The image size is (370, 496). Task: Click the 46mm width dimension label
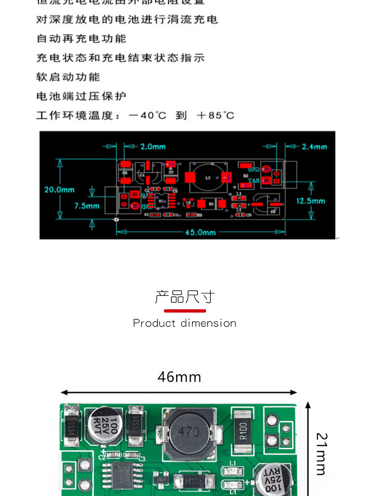tap(179, 377)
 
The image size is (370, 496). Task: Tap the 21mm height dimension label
tap(321, 454)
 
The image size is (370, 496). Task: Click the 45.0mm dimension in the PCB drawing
tap(200, 232)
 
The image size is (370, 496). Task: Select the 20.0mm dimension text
tap(59, 190)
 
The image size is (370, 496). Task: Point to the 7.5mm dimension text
tap(87, 205)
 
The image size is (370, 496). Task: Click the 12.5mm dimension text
tap(311, 201)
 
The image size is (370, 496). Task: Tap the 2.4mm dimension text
tap(314, 146)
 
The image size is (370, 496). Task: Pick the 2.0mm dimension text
tap(153, 146)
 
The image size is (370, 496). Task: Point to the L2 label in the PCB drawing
tap(208, 178)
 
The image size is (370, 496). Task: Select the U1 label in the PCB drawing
tap(162, 200)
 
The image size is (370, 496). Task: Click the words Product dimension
tap(185, 323)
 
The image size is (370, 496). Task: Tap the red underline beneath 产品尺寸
tap(185, 311)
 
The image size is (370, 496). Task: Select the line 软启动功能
tap(68, 77)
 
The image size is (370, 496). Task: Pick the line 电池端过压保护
tap(81, 96)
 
